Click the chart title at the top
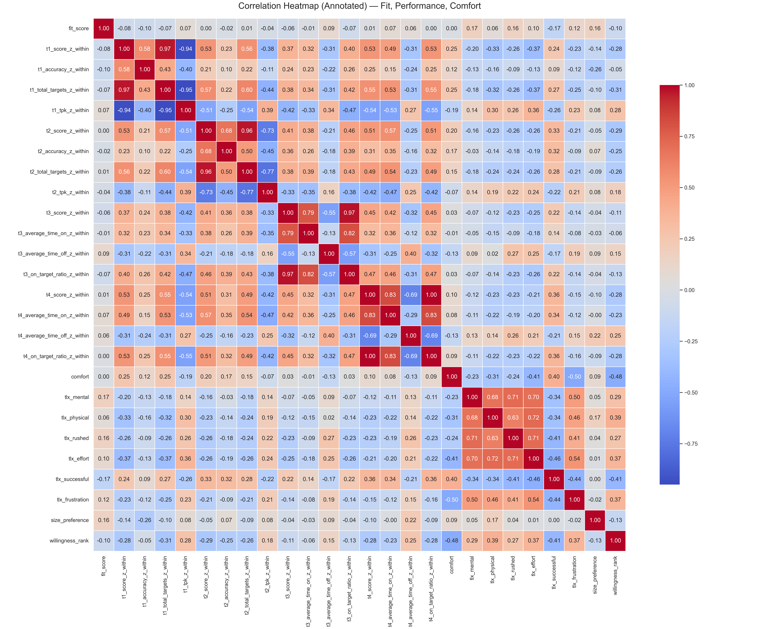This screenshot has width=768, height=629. pyautogui.click(x=359, y=6)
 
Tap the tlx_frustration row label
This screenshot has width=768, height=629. pyautogui.click(x=73, y=500)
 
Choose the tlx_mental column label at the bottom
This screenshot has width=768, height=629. pyautogui.click(x=472, y=568)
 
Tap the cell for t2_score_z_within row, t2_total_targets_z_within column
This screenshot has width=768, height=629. pyautogui.click(x=247, y=131)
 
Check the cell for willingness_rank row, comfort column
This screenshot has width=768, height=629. pyautogui.click(x=452, y=541)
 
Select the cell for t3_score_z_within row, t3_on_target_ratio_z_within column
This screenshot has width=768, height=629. pyautogui.click(x=349, y=213)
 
